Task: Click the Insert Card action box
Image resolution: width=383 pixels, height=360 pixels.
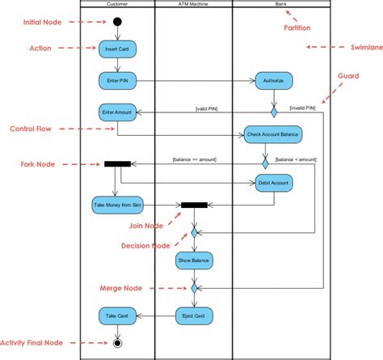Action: (117, 50)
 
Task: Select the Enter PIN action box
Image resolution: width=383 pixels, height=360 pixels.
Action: (117, 80)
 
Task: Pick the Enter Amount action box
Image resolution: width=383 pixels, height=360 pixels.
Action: (117, 112)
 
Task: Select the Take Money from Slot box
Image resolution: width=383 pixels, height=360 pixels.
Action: (117, 205)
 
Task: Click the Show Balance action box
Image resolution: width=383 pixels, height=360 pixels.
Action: (194, 260)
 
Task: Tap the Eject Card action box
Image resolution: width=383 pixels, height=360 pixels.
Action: (194, 315)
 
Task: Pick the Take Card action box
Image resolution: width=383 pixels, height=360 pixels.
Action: (117, 315)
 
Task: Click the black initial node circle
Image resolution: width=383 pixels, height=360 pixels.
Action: (117, 21)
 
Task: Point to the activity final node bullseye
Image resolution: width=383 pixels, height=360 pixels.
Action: (118, 343)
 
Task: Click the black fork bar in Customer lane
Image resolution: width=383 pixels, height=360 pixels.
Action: (118, 164)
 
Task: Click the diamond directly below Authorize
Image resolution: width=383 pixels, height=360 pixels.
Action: (273, 103)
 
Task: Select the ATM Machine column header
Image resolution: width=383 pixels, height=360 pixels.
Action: (193, 4)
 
